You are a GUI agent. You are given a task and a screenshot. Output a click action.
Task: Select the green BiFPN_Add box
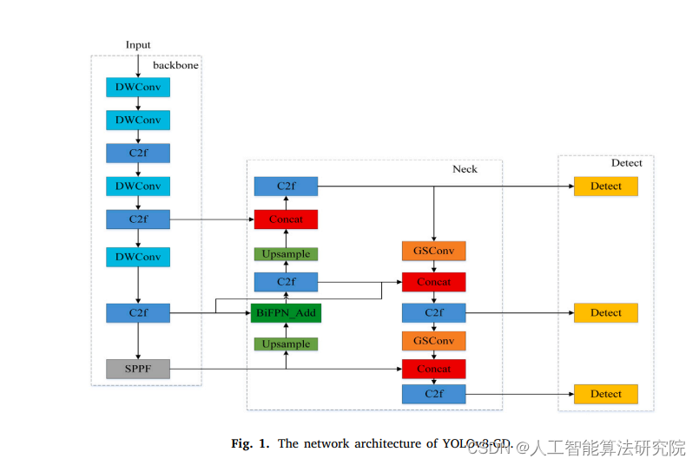286,312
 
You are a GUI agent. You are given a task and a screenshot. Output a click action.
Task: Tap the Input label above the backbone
138,45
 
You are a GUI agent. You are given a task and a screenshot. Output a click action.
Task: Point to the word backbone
176,65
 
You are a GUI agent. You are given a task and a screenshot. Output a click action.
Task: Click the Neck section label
465,169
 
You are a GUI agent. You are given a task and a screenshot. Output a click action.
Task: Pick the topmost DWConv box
138,87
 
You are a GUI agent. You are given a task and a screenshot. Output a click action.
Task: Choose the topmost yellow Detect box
605,187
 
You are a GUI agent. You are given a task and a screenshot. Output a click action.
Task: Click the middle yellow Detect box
605,312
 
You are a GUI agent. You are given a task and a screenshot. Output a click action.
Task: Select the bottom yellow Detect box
605,394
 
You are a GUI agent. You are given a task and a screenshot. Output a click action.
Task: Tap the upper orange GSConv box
433,252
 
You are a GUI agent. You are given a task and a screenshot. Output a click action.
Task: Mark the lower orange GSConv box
433,340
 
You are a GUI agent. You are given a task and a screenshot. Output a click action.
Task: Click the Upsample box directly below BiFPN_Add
286,344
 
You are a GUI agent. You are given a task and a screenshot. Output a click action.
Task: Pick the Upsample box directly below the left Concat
286,254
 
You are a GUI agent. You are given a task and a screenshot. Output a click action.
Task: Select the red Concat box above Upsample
286,219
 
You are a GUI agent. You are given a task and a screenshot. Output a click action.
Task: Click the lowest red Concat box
433,370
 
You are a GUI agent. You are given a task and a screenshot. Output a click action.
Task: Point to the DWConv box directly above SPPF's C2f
138,257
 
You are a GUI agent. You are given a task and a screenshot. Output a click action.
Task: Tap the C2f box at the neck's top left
286,187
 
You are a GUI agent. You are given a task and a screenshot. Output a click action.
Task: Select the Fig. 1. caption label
250,444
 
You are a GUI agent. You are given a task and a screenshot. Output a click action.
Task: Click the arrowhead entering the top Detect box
570,187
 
